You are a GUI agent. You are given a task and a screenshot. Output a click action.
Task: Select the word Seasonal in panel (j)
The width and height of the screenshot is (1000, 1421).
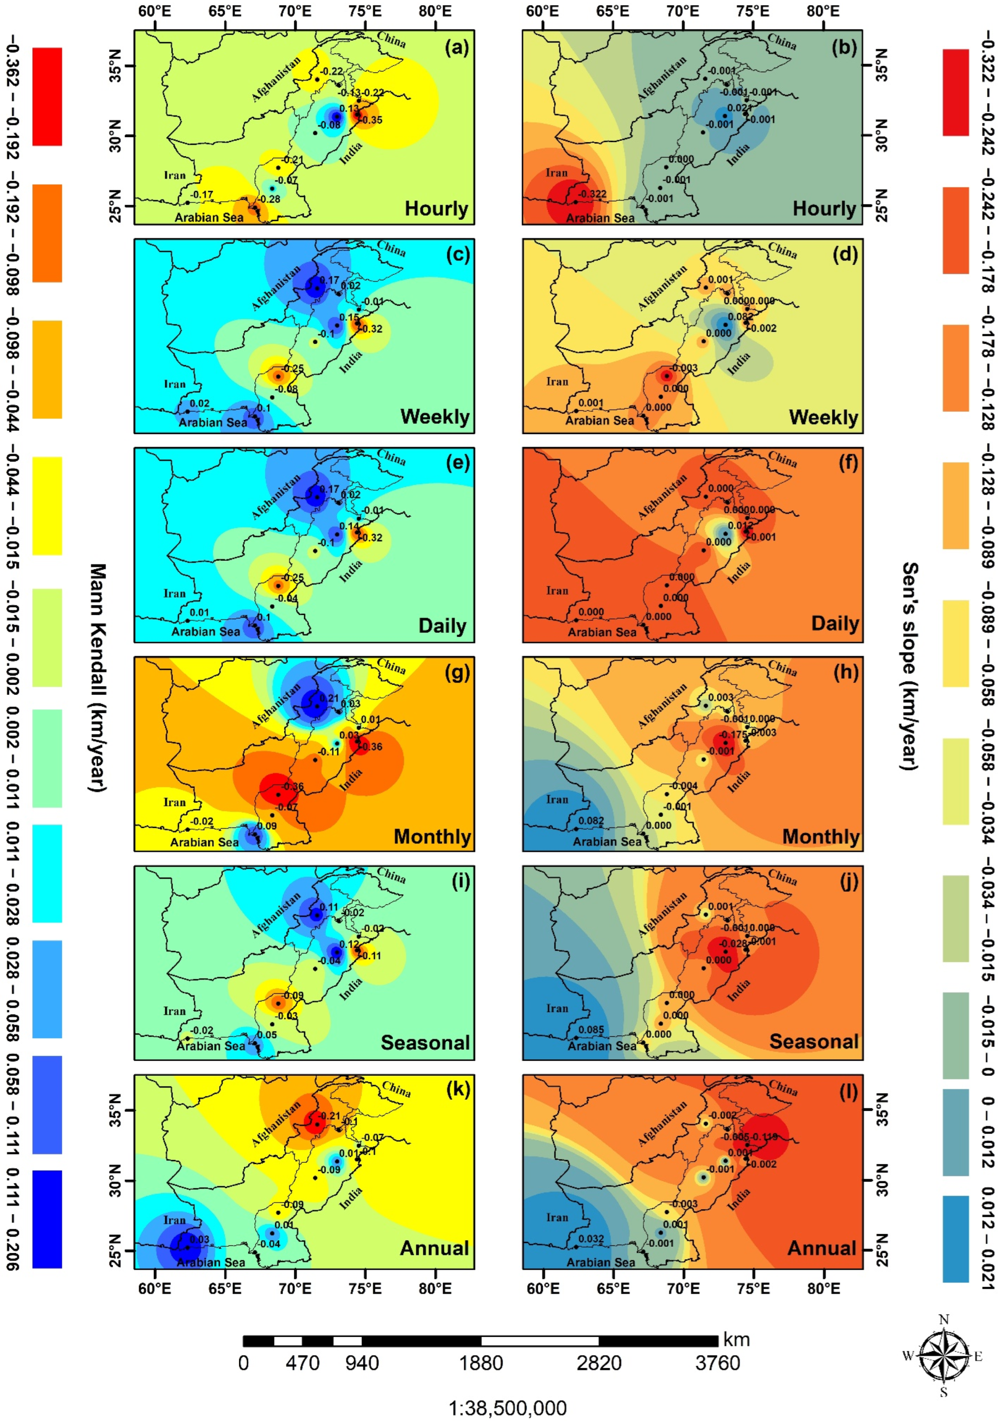pos(813,1042)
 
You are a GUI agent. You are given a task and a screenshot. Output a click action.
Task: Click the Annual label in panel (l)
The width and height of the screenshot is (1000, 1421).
pos(821,1248)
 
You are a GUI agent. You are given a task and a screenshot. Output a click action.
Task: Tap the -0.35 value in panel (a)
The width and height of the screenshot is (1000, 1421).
pos(371,120)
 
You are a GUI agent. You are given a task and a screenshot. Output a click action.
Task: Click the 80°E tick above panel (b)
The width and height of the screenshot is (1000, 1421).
pos(824,12)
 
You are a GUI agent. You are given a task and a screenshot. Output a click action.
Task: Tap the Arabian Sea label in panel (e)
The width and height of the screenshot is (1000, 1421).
pos(205,632)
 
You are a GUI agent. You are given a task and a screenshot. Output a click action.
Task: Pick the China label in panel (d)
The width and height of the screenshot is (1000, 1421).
pos(782,250)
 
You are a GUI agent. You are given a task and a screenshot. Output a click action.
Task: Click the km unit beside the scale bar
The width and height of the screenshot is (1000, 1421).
pos(736,1340)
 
